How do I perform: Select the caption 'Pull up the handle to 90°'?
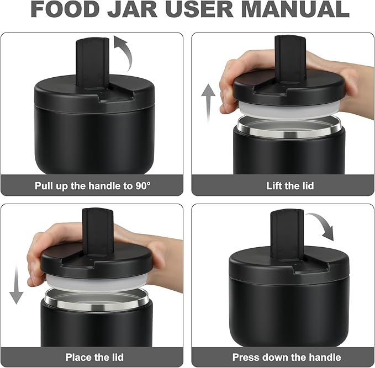[x=93, y=185]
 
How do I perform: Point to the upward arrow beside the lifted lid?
[x=208, y=102]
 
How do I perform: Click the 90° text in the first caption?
[x=141, y=185]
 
